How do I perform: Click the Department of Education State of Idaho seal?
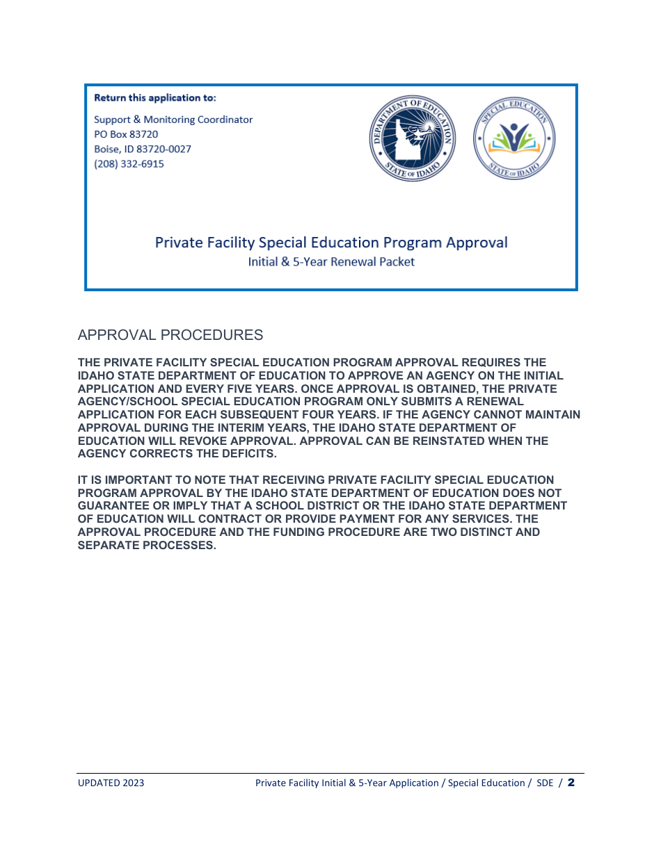[412, 140]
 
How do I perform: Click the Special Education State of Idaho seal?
[514, 140]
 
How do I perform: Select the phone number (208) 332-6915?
[129, 164]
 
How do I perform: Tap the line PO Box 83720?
[126, 134]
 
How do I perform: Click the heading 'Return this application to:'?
[154, 98]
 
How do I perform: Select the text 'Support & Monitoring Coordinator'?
[173, 120]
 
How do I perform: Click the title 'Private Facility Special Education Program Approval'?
[330, 243]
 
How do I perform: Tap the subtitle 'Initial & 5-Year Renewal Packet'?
[331, 262]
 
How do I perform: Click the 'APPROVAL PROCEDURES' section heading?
[170, 335]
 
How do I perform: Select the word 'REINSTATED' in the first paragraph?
[430, 441]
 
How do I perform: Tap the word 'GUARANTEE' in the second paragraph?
[108, 507]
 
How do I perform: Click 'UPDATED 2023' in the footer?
[111, 783]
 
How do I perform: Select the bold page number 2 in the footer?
[571, 783]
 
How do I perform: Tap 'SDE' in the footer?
[545, 783]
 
